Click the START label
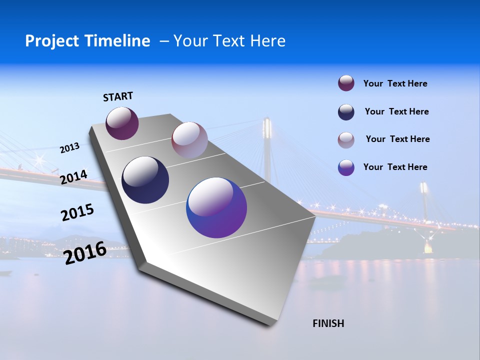point(118,96)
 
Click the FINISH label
point(328,323)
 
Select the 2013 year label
point(69,147)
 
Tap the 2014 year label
point(73,177)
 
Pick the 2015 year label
point(77,212)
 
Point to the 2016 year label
point(85,252)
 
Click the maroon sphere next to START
point(122,123)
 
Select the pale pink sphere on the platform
point(189,139)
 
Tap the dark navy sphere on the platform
point(145,180)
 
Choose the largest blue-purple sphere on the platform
point(216,207)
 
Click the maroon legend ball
point(346,83)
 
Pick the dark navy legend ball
point(346,112)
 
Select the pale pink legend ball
point(346,140)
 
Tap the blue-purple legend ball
point(346,167)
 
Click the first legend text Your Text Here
point(395,83)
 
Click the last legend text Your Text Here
point(395,167)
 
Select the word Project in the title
point(50,41)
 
